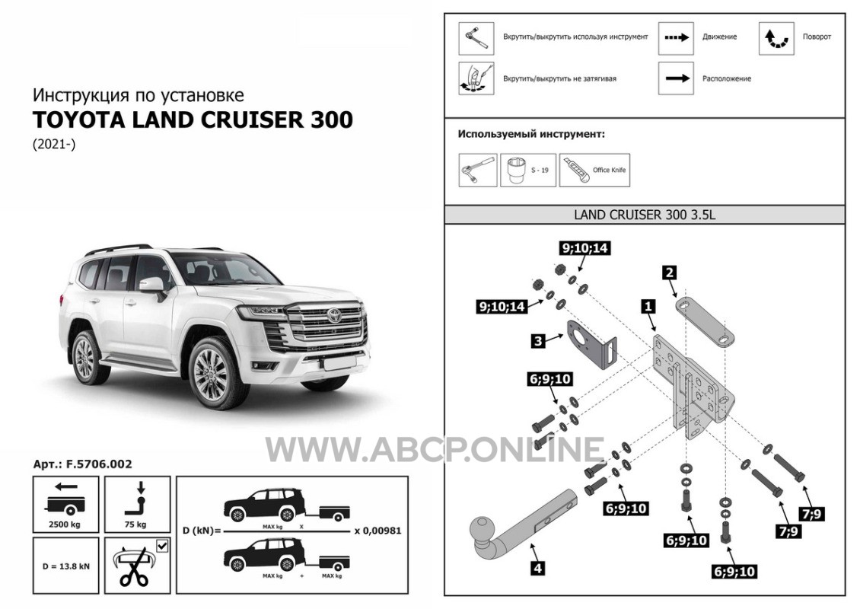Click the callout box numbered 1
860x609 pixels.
coord(648,305)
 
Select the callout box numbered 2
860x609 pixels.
coord(669,273)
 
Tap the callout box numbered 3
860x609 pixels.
coord(538,341)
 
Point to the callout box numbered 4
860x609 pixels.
coord(537,568)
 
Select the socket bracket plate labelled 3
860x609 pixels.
coord(592,345)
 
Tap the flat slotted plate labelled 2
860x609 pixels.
coord(706,323)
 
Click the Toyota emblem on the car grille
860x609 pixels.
coord(334,315)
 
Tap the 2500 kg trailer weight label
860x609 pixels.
coord(65,524)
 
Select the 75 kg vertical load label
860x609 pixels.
coord(135,524)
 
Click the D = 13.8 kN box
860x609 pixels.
coord(65,566)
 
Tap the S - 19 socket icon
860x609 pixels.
coord(517,170)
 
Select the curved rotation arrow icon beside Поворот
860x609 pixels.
coord(776,38)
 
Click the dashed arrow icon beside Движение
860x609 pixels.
coord(677,38)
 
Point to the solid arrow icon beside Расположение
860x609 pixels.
coord(677,78)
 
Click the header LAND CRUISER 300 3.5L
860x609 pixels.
coord(645,215)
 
